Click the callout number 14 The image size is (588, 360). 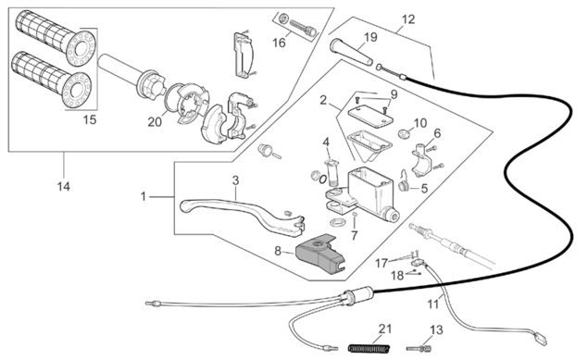coord(64,186)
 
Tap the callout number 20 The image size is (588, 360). coord(155,122)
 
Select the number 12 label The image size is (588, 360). coord(408,19)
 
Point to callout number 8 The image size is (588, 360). coord(278,251)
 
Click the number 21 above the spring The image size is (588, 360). coord(385,329)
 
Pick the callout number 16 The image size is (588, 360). coord(279,43)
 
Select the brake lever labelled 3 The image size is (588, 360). coord(242,215)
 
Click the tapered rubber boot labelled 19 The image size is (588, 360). coord(351,52)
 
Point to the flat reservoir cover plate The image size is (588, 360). coord(370,116)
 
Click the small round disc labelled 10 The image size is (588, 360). coord(404,132)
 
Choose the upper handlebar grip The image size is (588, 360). coord(56,37)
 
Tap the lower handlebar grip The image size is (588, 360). coord(52,80)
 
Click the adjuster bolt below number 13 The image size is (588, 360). coord(419,349)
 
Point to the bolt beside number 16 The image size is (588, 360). coord(303,28)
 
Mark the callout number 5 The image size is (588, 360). coord(424,188)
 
